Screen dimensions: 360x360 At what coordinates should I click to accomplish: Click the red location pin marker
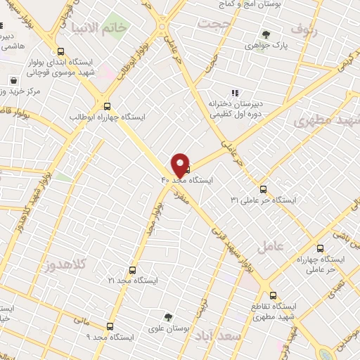(180, 165)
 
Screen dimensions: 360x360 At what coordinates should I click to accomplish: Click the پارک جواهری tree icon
(265, 34)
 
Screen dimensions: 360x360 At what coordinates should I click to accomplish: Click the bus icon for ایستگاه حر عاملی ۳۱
(263, 189)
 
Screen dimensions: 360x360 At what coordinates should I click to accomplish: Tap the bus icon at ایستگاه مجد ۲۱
(132, 269)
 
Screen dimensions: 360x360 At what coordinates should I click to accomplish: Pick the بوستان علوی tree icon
(167, 316)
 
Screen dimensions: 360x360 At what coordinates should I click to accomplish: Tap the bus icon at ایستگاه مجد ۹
(110, 326)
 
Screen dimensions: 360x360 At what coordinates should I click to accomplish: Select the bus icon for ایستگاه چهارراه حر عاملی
(320, 248)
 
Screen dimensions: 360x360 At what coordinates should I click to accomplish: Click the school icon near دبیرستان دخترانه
(235, 92)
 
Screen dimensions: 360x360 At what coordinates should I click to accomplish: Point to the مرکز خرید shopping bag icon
(13, 80)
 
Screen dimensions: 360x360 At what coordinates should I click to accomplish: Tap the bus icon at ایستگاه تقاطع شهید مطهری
(274, 295)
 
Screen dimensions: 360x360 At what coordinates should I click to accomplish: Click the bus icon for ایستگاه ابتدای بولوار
(61, 51)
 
